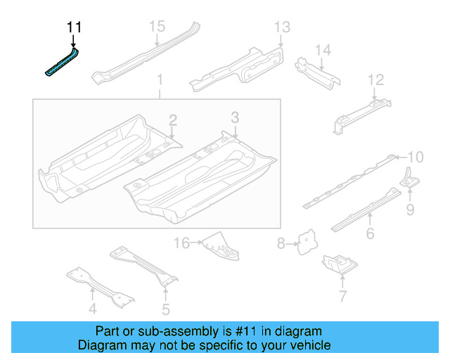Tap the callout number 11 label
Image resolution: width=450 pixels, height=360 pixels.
74,27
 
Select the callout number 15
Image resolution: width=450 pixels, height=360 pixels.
156,27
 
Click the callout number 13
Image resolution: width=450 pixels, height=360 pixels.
281,27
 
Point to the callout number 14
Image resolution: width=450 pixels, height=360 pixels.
322,50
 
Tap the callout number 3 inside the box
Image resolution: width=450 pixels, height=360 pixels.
235,117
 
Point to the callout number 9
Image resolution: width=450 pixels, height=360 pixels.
410,209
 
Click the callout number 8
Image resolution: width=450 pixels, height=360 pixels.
281,244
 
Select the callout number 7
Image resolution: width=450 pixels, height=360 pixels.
342,296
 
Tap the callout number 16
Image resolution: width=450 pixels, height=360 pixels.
181,243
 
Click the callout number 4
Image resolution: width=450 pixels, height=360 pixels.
93,309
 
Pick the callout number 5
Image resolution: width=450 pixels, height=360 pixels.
166,309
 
